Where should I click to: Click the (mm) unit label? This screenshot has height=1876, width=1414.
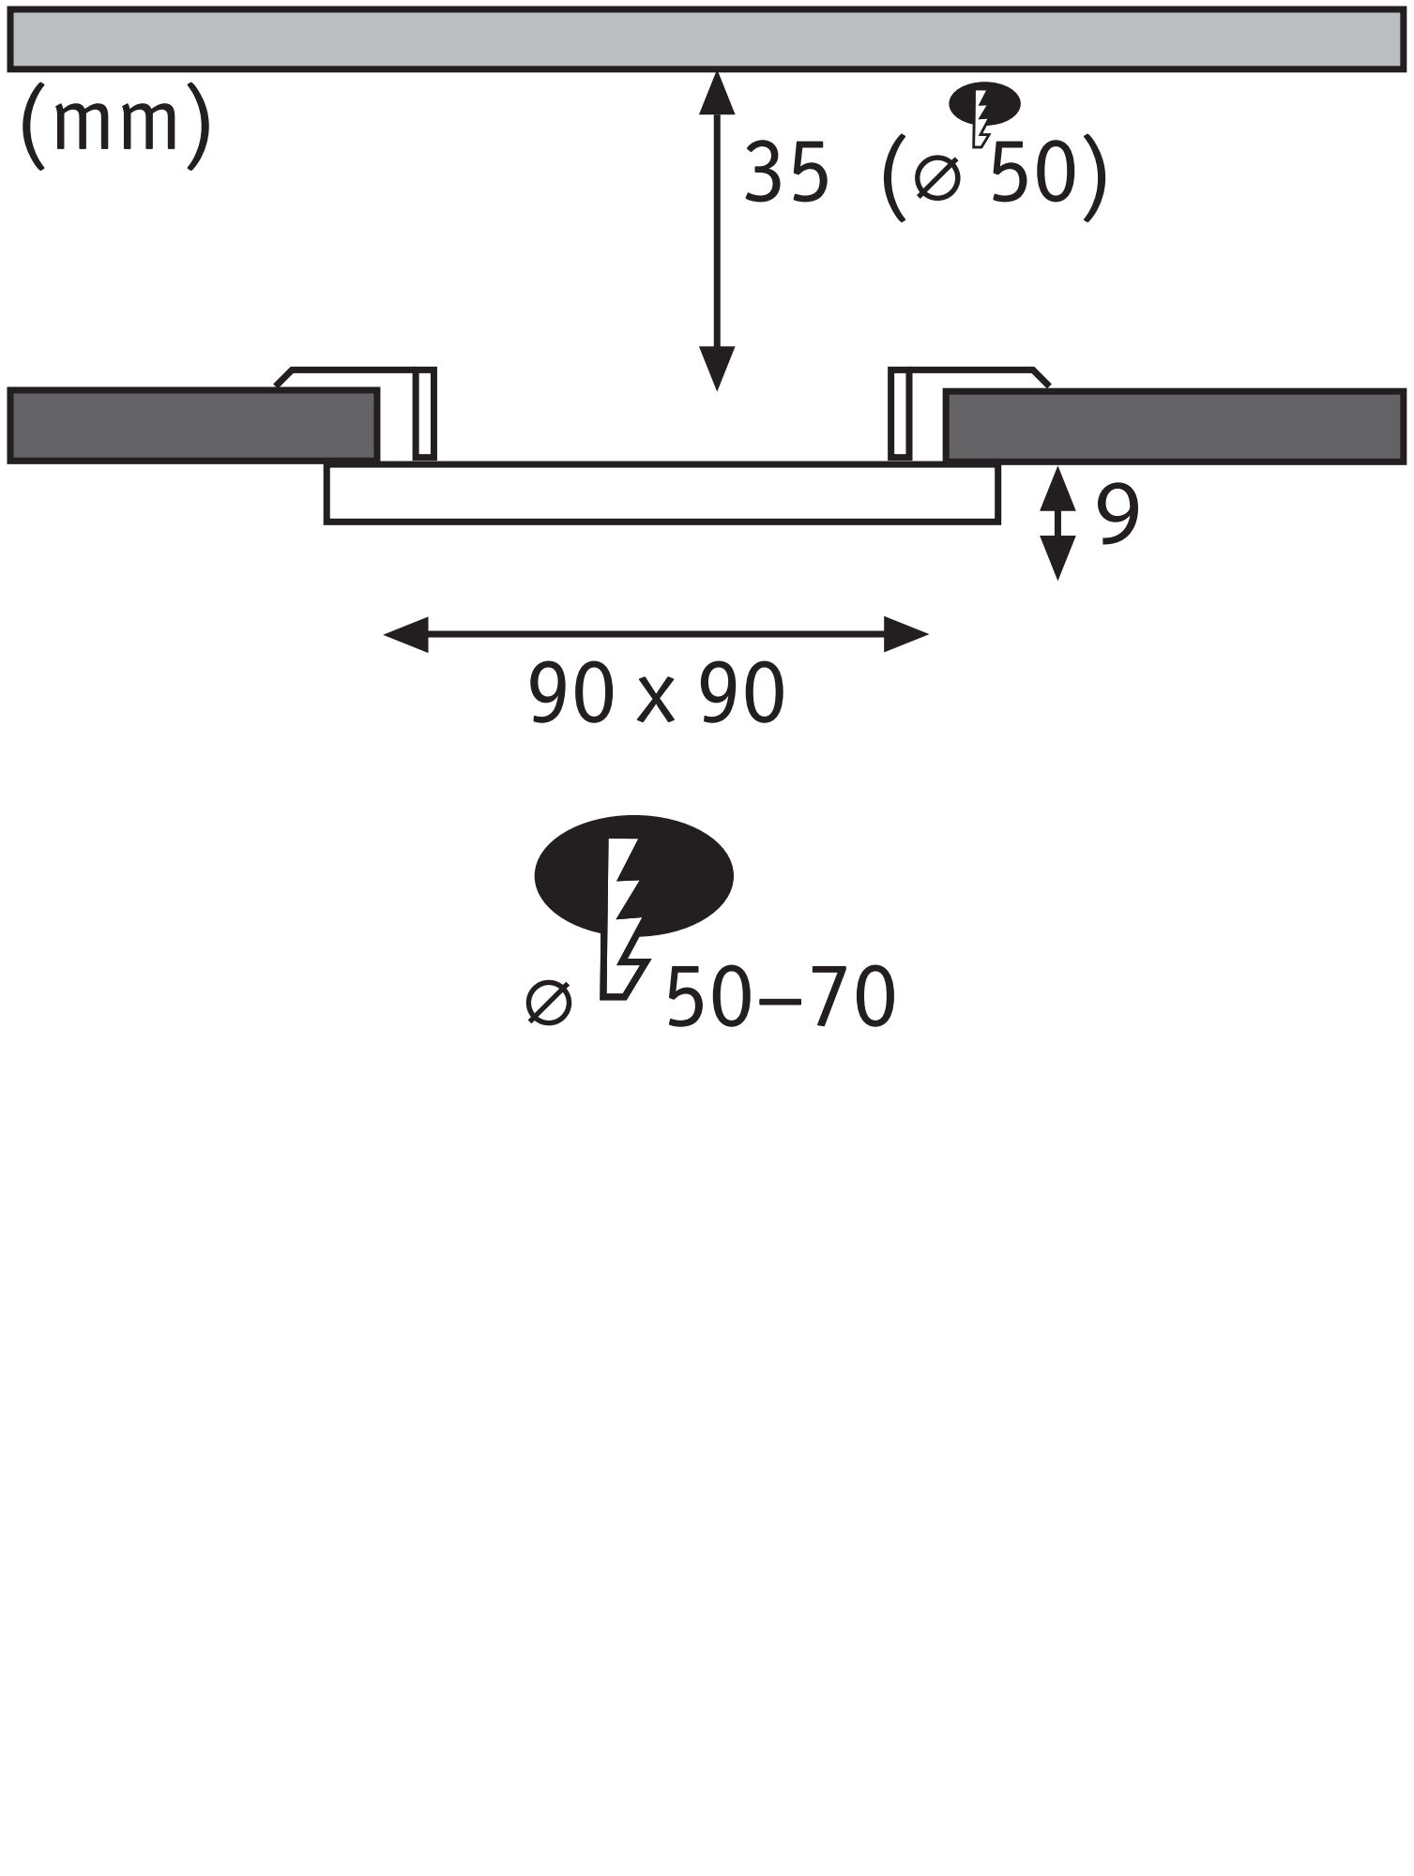(114, 125)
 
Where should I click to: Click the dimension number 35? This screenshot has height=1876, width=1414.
(786, 174)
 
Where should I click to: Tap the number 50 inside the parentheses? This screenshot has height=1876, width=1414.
(1032, 174)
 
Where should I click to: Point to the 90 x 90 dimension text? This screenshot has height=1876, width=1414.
(657, 694)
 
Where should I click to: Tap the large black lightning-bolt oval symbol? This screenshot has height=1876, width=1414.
(633, 877)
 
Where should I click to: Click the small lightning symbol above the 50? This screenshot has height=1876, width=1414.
(984, 108)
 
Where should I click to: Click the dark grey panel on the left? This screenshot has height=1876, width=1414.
(192, 425)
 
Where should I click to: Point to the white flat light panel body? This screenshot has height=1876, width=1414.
(661, 493)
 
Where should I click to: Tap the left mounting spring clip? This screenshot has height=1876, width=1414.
(424, 413)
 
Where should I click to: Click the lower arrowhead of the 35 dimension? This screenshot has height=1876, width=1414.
(717, 368)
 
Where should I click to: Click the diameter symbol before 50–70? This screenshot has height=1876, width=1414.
(549, 1003)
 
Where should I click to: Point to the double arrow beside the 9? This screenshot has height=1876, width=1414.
(1058, 522)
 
